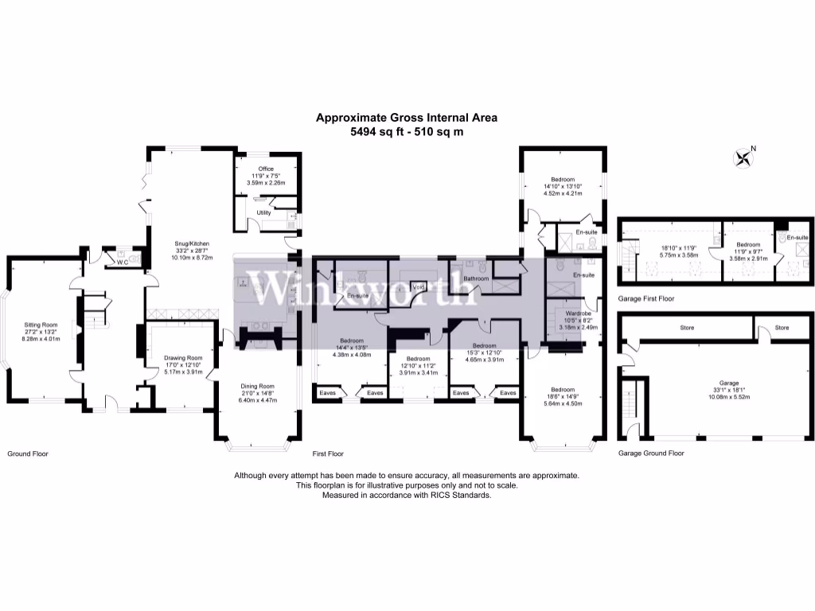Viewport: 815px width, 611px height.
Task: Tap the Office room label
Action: click(266, 169)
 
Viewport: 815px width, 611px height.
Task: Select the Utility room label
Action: click(263, 212)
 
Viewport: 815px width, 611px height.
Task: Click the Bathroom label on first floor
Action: click(475, 278)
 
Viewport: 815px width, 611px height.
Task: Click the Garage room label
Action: click(728, 383)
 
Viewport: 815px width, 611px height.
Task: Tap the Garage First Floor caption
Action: click(646, 298)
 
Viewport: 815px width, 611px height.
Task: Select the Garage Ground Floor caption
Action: click(650, 453)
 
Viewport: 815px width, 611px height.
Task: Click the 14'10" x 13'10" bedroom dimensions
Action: click(563, 186)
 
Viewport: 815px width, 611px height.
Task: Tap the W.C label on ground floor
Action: click(123, 261)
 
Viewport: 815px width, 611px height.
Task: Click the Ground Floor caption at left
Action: click(28, 453)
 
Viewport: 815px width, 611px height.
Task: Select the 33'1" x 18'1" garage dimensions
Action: click(728, 389)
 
